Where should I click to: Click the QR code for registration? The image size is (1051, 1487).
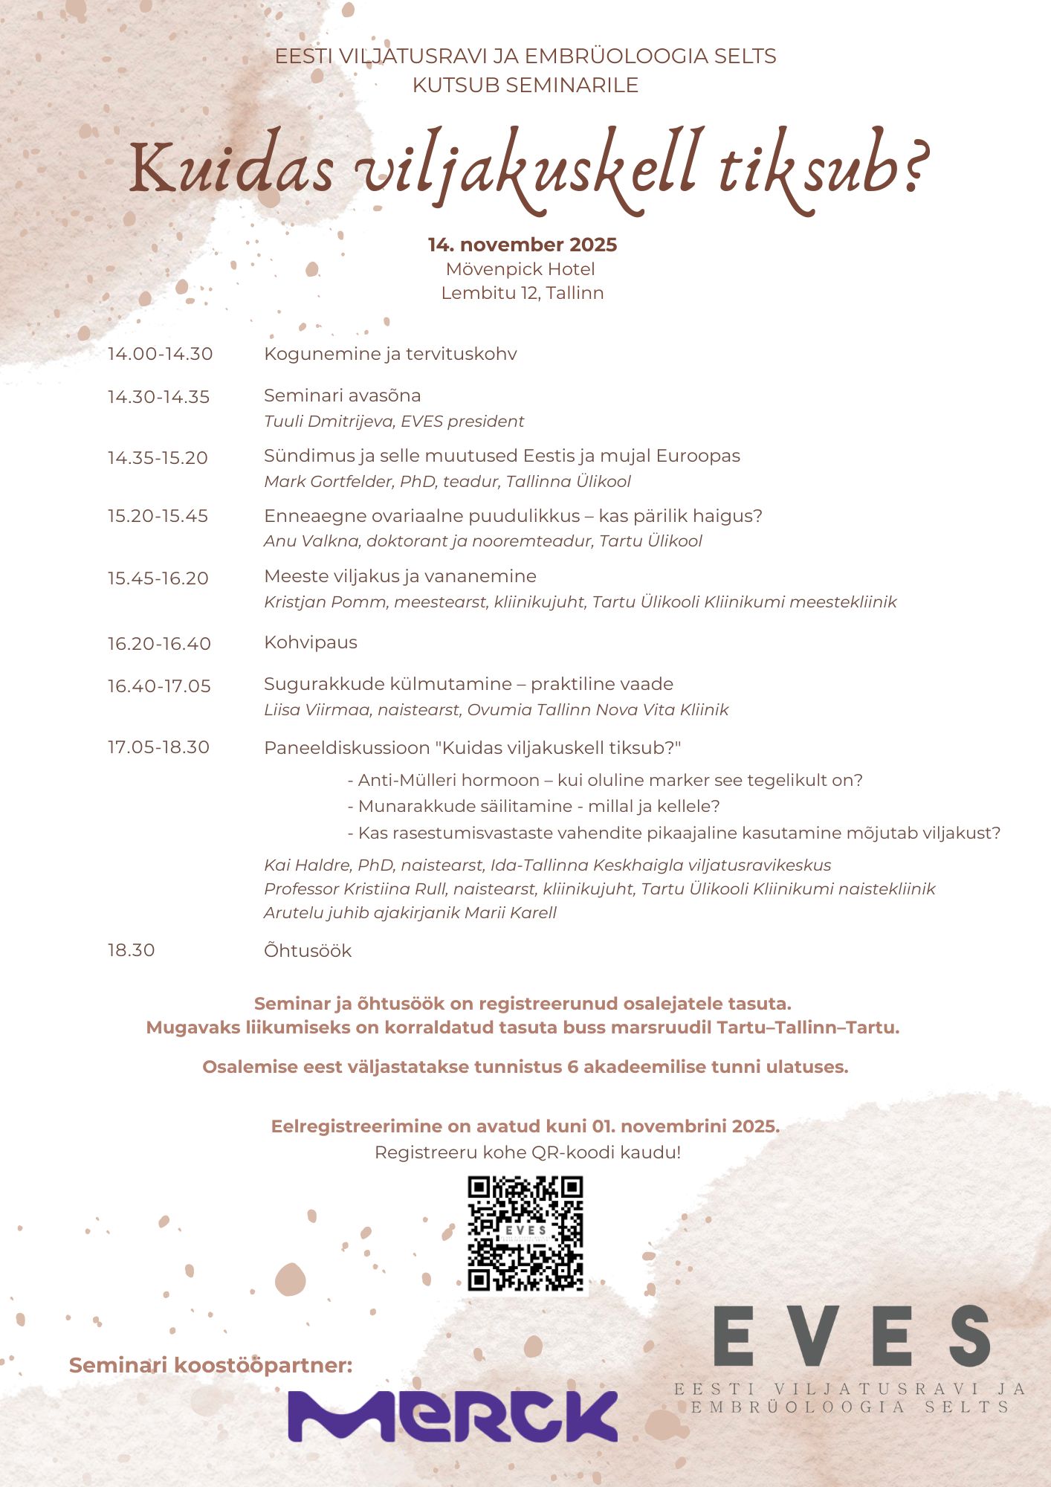click(x=525, y=1233)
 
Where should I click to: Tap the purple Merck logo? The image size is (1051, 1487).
click(x=453, y=1416)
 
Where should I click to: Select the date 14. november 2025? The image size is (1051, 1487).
click(x=523, y=245)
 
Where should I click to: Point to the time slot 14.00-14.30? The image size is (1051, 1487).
click(x=160, y=354)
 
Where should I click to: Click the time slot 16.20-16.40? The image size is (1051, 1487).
click(x=159, y=643)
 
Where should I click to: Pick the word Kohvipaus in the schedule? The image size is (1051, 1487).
click(x=311, y=642)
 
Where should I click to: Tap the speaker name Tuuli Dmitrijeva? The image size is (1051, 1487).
click(x=329, y=422)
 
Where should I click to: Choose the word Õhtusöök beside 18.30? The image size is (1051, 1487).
click(x=308, y=951)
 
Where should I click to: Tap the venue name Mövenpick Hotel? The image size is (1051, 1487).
click(x=520, y=269)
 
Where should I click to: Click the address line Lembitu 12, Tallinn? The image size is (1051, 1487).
click(x=523, y=293)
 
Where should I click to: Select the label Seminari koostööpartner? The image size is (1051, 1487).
click(x=210, y=1365)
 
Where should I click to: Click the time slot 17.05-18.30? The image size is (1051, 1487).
click(x=158, y=747)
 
